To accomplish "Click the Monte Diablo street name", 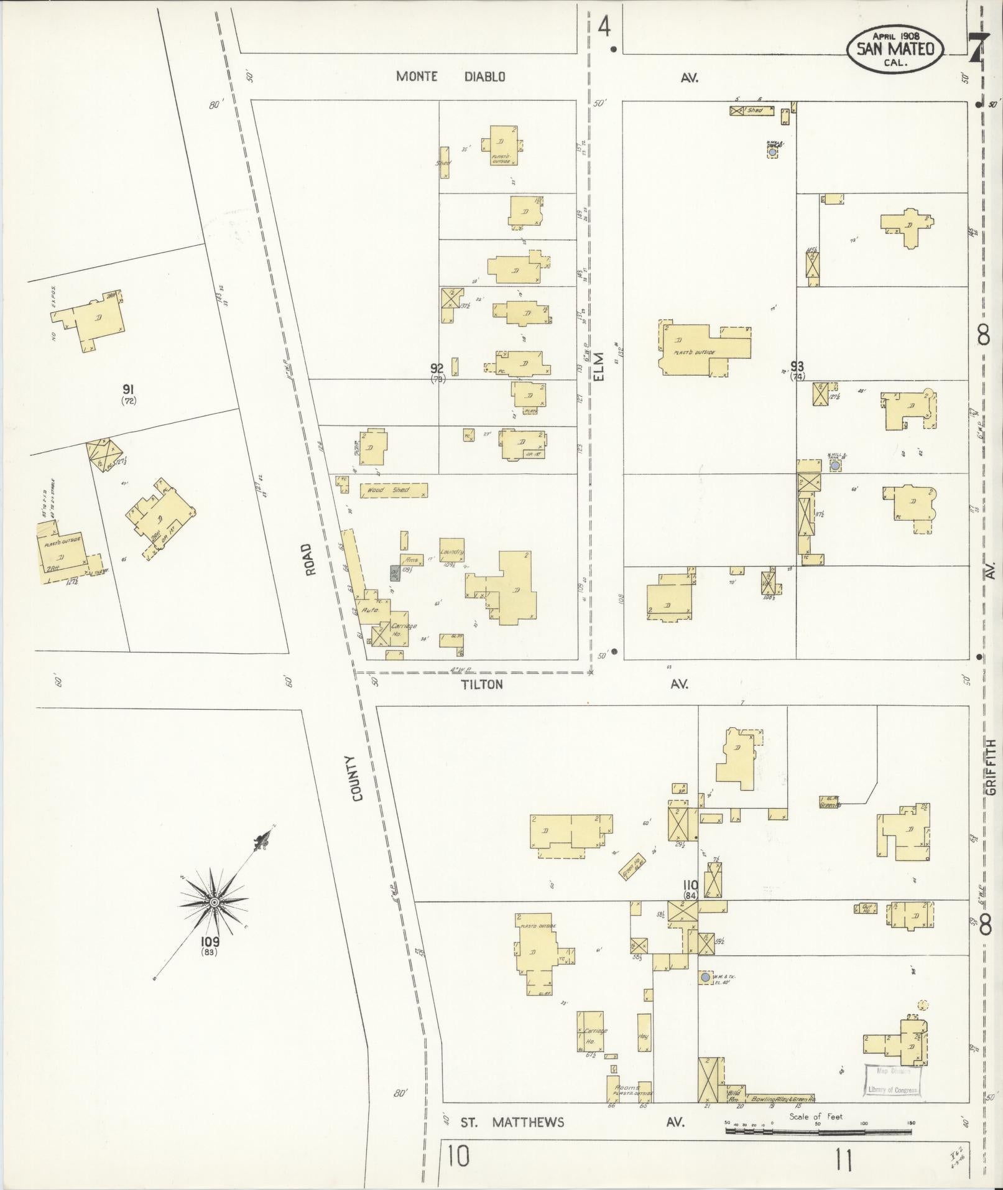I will pos(451,77).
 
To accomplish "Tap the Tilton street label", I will pos(481,684).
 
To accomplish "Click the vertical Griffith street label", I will pos(990,766).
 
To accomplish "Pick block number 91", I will pos(129,390).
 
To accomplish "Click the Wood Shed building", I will pos(394,490).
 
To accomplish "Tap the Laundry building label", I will pos(452,552).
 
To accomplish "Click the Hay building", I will pos(644,1036).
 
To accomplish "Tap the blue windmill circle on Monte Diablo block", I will pos(772,152).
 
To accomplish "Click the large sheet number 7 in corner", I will pos(978,49).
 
